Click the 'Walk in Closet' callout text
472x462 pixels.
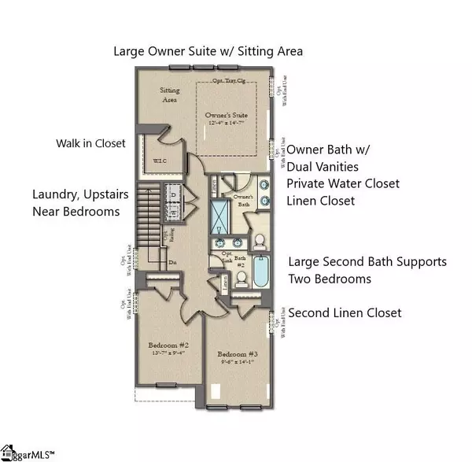click(x=94, y=144)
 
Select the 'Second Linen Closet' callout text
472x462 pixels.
click(x=345, y=312)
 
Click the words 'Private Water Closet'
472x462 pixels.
click(x=342, y=183)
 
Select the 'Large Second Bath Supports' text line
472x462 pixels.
click(x=367, y=261)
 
